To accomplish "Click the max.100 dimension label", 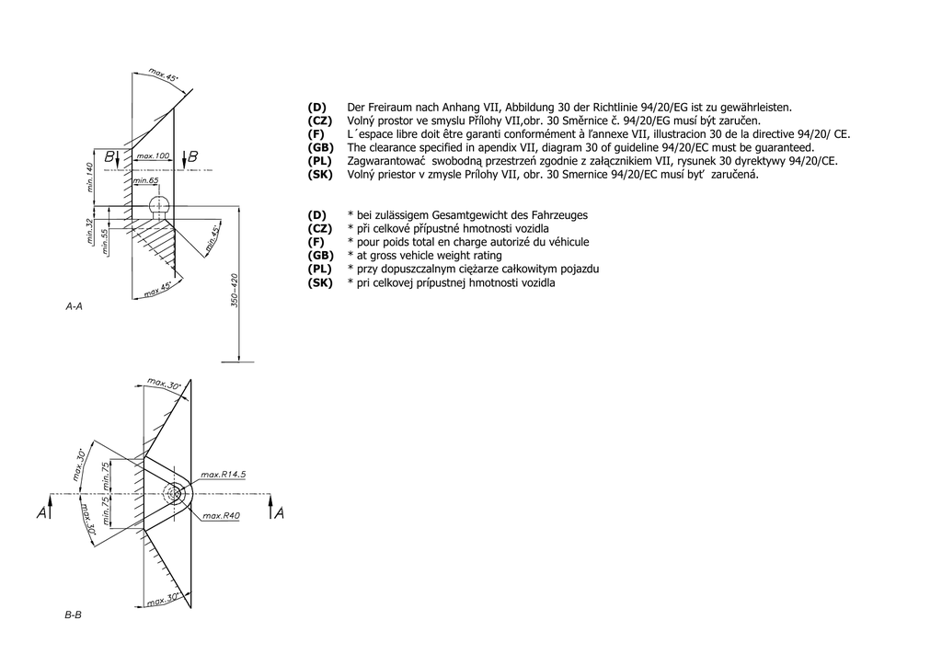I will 152,156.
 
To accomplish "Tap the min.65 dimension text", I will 145,181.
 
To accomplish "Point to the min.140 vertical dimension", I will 90,178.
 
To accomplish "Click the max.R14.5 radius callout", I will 224,474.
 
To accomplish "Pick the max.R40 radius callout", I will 221,516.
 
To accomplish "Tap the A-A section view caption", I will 75,305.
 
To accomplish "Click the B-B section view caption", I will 74,614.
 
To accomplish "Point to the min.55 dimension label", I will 105,241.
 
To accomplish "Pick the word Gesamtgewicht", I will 477,215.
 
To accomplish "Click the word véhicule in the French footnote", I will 569,242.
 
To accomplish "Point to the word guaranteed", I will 788,147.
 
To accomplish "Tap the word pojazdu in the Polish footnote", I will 575,269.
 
